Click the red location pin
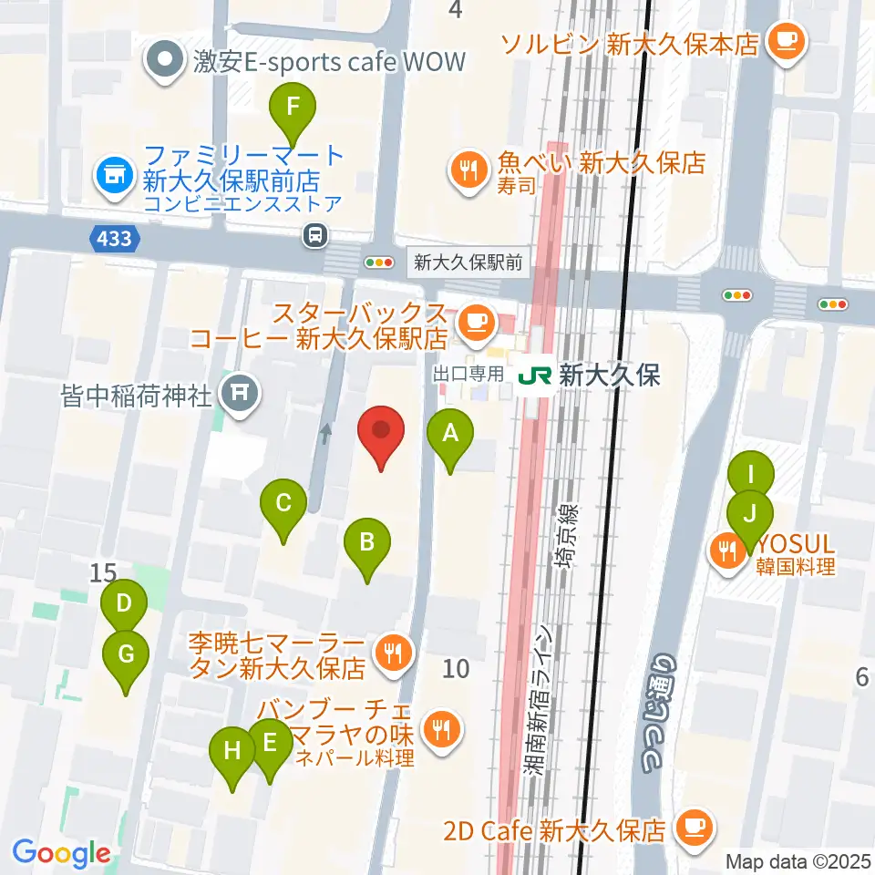point(382,435)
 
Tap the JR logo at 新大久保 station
point(535,376)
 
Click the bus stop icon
point(315,236)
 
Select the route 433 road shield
point(117,240)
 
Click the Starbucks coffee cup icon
point(475,320)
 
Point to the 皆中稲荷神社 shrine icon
point(242,394)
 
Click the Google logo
point(61,854)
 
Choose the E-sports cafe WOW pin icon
point(165,62)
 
